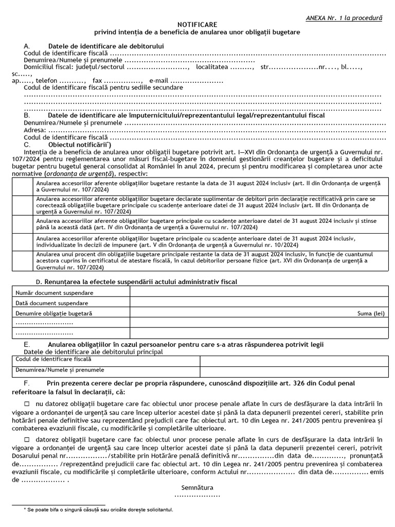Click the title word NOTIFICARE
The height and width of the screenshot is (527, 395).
(x=197, y=25)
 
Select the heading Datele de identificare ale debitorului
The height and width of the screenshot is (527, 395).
(x=106, y=46)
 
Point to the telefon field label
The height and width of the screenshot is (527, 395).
(x=46, y=81)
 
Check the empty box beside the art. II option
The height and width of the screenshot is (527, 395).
(x=22, y=186)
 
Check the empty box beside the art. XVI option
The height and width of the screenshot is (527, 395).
(x=22, y=260)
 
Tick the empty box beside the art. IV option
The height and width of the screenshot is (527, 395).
(x=22, y=224)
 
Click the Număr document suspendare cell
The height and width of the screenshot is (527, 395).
(x=70, y=292)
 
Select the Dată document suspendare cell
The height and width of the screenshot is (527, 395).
(x=70, y=303)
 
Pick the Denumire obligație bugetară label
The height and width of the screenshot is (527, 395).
(x=54, y=313)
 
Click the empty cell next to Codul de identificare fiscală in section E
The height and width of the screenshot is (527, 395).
(x=294, y=360)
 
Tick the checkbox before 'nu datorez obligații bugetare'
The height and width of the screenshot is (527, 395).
(x=27, y=403)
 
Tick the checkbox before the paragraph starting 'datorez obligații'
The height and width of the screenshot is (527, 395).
(x=27, y=440)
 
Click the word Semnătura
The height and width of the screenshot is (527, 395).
(x=197, y=487)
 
